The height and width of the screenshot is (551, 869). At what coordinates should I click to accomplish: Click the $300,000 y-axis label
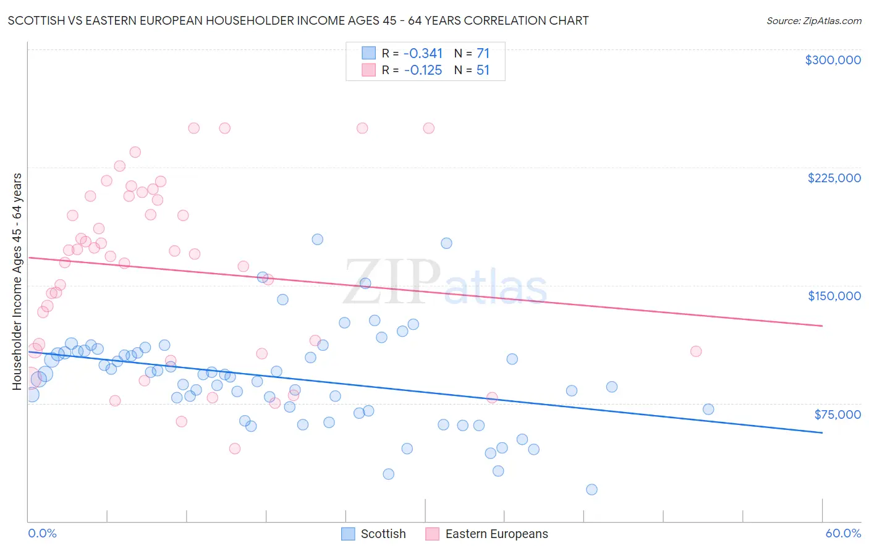(x=833, y=60)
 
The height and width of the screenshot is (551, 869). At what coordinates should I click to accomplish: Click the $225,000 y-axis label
(x=834, y=178)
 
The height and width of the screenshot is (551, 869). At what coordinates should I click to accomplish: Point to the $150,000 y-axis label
(x=834, y=296)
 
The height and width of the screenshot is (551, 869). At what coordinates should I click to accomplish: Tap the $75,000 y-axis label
(x=837, y=414)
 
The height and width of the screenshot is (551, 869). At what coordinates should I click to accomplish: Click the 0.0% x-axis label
(x=42, y=533)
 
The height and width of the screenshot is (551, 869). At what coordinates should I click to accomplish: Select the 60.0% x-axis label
(x=842, y=533)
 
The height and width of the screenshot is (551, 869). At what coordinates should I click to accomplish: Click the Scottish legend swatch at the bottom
(x=348, y=534)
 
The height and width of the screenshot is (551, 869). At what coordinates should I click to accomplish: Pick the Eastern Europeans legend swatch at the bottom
(x=433, y=534)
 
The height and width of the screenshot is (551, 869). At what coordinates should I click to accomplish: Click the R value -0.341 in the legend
(x=423, y=54)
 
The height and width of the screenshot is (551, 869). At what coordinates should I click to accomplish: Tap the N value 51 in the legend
(x=483, y=70)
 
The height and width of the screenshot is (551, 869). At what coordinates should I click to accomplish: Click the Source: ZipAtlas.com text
(x=813, y=20)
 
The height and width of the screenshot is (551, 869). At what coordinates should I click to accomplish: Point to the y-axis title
(x=17, y=282)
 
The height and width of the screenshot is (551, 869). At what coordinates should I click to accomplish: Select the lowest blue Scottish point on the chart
(x=591, y=489)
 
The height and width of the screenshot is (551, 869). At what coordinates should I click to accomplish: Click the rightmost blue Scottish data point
(x=708, y=409)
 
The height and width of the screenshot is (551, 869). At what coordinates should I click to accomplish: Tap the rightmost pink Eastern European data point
(x=696, y=351)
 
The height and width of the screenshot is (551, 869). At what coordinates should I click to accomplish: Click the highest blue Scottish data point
(x=318, y=239)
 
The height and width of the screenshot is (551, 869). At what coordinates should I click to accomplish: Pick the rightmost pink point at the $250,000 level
(x=428, y=128)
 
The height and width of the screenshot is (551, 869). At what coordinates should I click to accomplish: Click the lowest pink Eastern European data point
(x=234, y=448)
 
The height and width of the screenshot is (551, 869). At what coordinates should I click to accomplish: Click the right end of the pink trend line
(x=822, y=326)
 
